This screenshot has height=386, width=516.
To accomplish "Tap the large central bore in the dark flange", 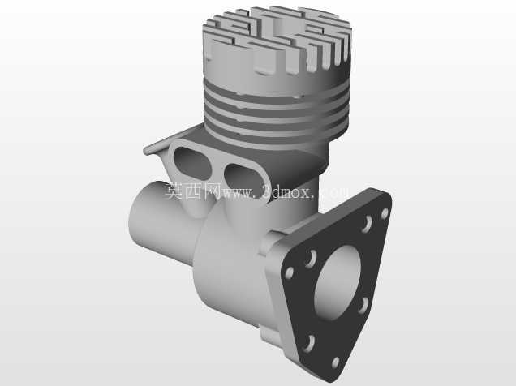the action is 338,283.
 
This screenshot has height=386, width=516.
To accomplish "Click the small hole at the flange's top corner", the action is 385,214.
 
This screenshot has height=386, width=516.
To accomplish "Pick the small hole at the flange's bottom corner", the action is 335,362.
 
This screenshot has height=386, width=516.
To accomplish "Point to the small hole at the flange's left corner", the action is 290,273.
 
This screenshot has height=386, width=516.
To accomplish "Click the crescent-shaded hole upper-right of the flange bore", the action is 367,224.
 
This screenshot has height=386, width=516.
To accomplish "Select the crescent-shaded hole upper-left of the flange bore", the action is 310,259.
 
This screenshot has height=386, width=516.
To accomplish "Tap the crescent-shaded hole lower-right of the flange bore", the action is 363,306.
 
